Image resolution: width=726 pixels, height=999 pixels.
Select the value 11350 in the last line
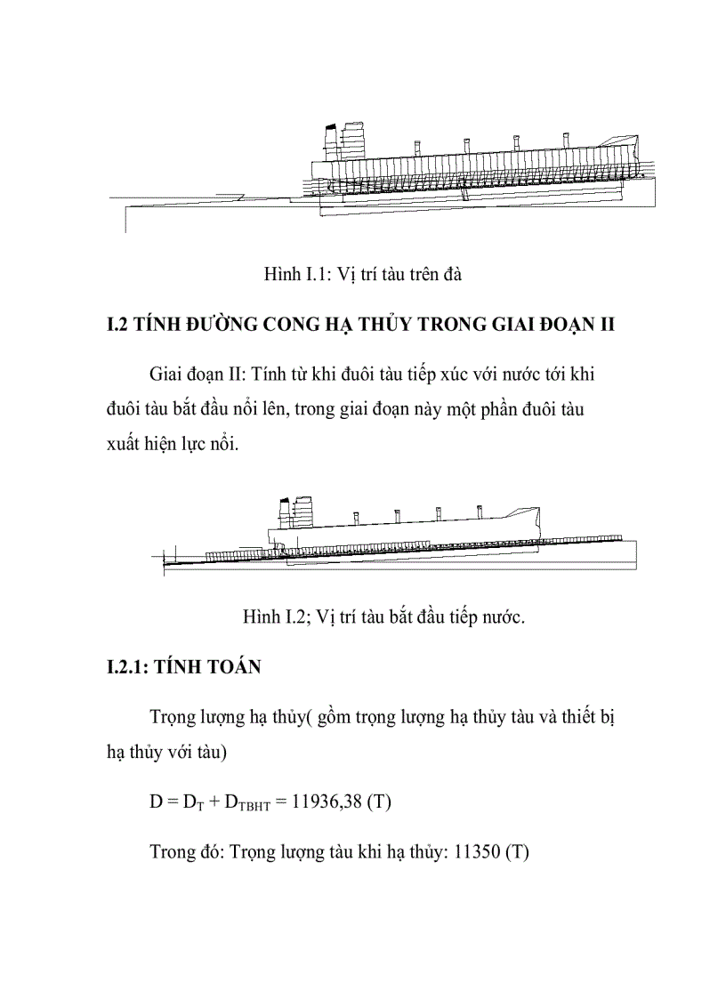tap(478, 851)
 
